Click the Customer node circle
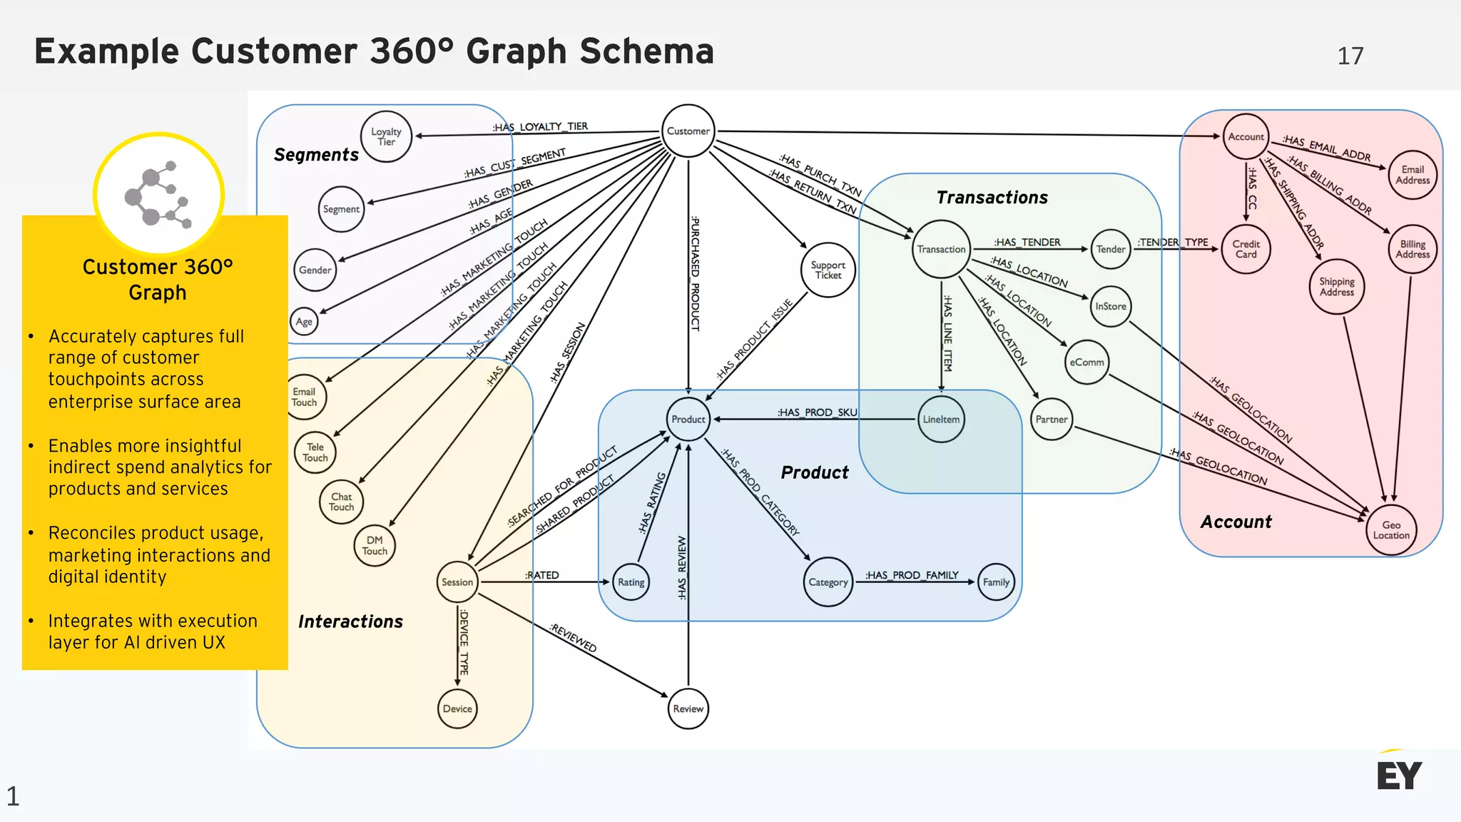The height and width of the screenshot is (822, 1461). (688, 131)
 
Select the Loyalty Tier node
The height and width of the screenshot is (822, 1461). (386, 136)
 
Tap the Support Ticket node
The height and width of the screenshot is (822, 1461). (828, 270)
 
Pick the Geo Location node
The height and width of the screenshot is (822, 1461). (1391, 530)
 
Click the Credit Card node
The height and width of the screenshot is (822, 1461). (1246, 249)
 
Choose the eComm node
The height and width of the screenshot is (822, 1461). (1086, 362)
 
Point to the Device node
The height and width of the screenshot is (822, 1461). (457, 709)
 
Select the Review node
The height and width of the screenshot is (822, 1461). (688, 709)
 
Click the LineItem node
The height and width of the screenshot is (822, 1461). (941, 420)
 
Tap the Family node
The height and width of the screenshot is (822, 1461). (996, 582)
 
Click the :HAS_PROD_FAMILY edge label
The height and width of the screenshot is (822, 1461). (912, 575)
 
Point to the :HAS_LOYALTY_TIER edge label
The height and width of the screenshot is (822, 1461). (540, 127)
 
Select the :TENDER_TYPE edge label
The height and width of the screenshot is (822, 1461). (1173, 243)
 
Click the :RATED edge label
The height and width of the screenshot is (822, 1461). (542, 575)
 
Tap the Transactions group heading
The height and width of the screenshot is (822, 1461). (992, 198)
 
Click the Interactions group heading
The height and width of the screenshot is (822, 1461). (350, 621)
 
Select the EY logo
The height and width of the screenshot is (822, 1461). (1399, 774)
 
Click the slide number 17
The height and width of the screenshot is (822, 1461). (1350, 56)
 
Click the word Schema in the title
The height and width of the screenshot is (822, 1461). (646, 51)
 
